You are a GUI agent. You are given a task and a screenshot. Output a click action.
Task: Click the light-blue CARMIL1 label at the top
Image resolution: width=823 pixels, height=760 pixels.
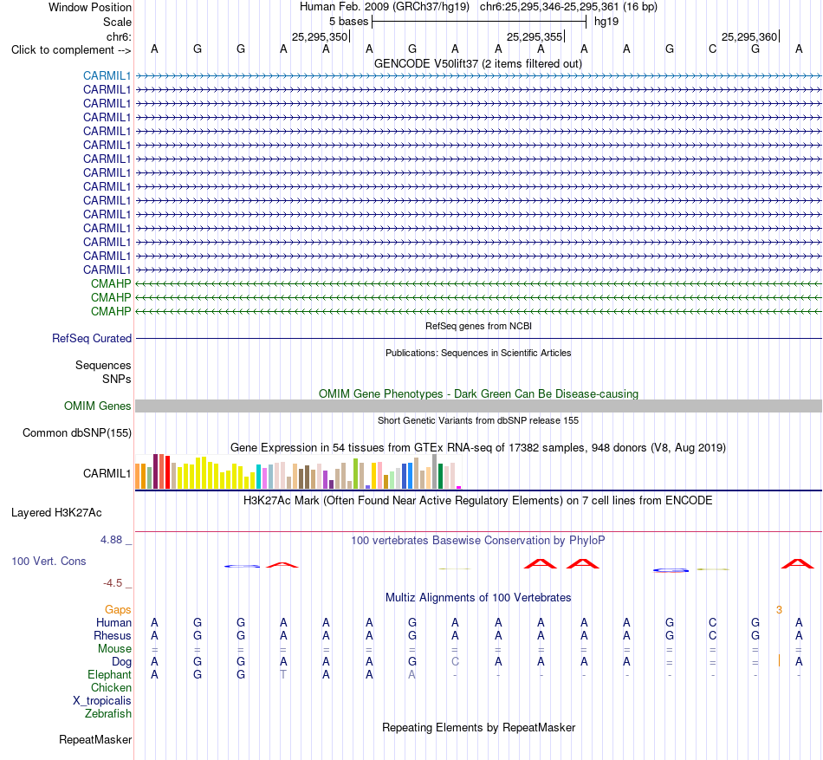pos(107,75)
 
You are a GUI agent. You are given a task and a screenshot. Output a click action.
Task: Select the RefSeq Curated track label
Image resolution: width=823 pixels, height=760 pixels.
pos(91,339)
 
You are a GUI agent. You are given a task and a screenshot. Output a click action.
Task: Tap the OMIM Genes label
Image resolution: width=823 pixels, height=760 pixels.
pos(97,406)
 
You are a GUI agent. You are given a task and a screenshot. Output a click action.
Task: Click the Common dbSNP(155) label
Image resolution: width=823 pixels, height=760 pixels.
pos(76,433)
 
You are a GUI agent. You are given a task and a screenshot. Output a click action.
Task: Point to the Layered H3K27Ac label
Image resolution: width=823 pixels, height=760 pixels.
pos(56,513)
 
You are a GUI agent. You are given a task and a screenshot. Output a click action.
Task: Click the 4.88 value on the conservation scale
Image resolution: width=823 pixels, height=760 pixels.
pos(111,540)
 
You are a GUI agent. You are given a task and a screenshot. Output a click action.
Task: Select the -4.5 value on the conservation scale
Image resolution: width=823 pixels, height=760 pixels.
pos(113,583)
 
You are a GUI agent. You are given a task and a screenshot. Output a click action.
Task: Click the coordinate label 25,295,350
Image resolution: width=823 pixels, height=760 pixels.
pos(320,36)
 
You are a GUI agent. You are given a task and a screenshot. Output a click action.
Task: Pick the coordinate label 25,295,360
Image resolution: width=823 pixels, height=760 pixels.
pos(749,36)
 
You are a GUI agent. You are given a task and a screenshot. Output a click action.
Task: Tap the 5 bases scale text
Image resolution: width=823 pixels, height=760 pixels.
pos(348,22)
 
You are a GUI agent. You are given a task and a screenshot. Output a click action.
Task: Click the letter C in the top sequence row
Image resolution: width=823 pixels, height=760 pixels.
pos(712,49)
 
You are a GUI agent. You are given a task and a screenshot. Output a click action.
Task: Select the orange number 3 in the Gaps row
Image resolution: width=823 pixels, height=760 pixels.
pos(779,609)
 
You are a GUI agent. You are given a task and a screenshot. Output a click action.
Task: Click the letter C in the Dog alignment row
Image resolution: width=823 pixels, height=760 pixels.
pos(455,661)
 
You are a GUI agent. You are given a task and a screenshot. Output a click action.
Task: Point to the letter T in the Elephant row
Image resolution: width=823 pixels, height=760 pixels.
pos(283,674)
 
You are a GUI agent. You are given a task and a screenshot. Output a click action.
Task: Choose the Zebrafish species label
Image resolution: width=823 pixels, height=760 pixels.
pos(108,714)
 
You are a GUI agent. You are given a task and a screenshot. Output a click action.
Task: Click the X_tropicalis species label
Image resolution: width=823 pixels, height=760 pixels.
pos(102,701)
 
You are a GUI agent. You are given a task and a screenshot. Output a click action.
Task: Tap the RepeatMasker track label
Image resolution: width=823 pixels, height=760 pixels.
pos(95,739)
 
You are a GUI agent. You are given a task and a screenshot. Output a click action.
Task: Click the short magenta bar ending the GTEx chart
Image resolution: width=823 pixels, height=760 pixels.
pos(459,488)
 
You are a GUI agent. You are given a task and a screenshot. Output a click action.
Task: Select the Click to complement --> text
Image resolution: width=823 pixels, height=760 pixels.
pos(71,50)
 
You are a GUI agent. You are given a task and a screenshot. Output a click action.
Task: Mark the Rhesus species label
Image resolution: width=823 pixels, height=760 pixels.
pos(113,635)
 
